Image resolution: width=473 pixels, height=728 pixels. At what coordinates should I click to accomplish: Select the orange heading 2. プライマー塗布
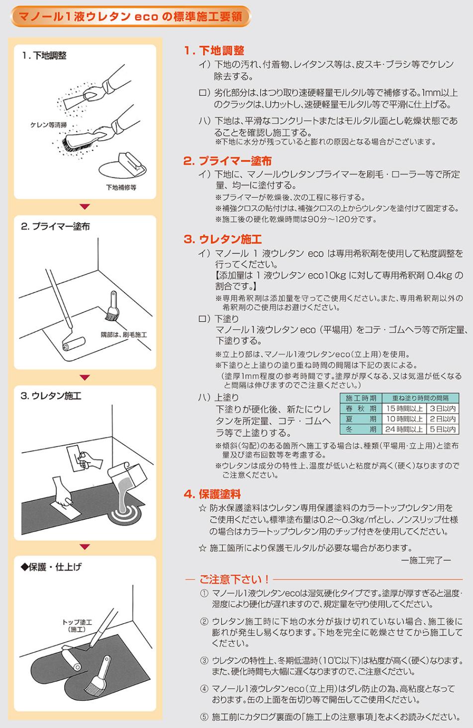pos(227,161)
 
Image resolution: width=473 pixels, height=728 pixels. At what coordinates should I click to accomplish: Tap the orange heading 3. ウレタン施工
pos(222,239)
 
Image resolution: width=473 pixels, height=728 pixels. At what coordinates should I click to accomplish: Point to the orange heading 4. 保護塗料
pos(212,494)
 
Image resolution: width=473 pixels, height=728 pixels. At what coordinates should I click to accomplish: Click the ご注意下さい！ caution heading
pos(234,579)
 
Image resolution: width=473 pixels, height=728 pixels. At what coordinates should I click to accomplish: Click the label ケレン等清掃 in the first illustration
pos(48,125)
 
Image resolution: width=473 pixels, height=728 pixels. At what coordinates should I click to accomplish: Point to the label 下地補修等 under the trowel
pos(121,187)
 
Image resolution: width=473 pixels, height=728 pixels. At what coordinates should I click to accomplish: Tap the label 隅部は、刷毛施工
pos(124,335)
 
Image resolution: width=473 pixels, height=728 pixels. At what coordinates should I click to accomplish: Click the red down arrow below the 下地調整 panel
pos(85,207)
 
